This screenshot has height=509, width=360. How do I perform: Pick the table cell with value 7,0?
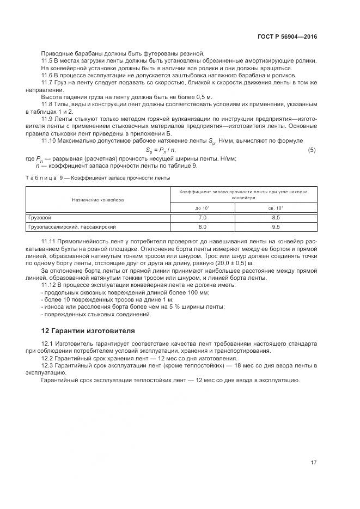tap(202, 217)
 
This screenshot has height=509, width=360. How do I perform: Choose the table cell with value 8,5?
tap(276, 217)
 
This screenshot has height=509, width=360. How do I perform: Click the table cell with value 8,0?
tap(202, 226)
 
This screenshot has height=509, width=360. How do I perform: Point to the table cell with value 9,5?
tap(276, 226)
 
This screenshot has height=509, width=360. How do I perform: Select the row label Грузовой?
tap(40, 217)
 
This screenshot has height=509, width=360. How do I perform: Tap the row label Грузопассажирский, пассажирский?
tap(72, 226)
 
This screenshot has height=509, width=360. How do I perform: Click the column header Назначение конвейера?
tap(98, 200)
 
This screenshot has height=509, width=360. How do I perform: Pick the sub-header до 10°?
tap(202, 208)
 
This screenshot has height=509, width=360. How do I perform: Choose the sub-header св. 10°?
tap(276, 208)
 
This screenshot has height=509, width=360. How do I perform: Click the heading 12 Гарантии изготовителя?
tap(88, 330)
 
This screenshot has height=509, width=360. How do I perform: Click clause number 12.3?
tap(48, 366)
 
